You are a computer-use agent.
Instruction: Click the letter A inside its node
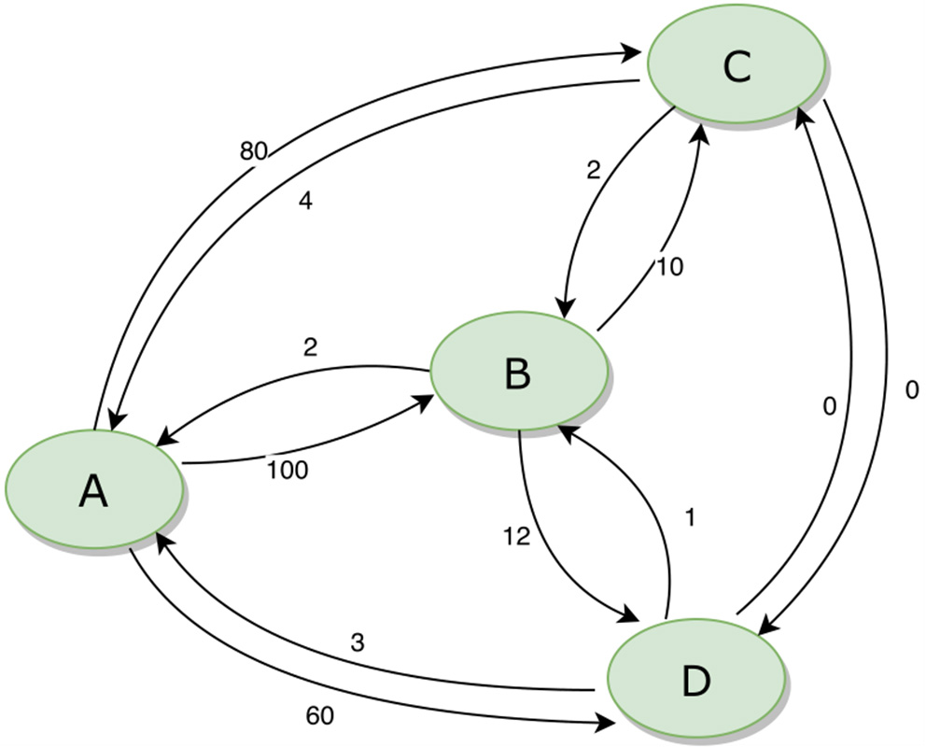92,490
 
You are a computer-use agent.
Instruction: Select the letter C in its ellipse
737,68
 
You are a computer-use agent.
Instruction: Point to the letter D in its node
695,681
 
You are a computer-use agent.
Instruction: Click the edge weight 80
254,150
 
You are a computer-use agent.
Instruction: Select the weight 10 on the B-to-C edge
669,267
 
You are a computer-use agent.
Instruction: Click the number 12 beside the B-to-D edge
515,536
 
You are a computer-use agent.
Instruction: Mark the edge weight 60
319,716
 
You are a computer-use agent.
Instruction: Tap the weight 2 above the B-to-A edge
311,347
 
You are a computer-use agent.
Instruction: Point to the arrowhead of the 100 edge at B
428,401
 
